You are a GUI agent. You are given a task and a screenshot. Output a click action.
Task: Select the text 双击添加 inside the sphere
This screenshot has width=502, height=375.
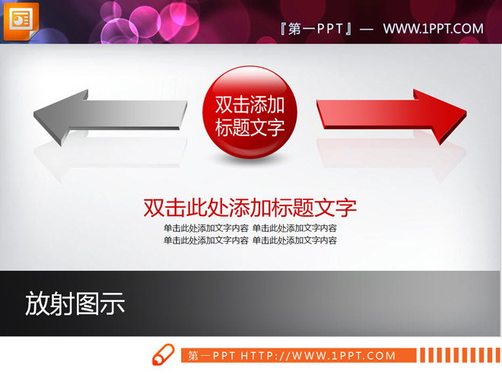coord(250,105)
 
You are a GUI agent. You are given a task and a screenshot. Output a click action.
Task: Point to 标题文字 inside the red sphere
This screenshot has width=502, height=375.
coord(250,127)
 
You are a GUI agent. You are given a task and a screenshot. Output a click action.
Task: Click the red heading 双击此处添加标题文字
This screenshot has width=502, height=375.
coord(250,208)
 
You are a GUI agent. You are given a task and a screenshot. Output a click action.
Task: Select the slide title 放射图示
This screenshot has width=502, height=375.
coord(75,303)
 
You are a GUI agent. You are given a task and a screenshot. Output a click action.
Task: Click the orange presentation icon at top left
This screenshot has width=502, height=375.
coord(21,19)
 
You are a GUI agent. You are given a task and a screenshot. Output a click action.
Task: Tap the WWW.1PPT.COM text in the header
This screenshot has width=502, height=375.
coord(433,29)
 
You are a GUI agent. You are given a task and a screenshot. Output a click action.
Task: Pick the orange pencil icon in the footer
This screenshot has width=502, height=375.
coord(163,355)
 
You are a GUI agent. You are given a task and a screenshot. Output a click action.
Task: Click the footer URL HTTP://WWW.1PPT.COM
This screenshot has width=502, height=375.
coord(319,355)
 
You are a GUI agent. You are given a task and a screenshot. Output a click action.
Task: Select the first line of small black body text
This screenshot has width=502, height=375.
coord(250,228)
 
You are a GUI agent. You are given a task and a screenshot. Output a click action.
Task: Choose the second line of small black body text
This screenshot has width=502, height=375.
coord(250,240)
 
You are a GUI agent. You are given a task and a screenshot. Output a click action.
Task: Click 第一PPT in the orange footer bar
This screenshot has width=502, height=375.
coord(212,355)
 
